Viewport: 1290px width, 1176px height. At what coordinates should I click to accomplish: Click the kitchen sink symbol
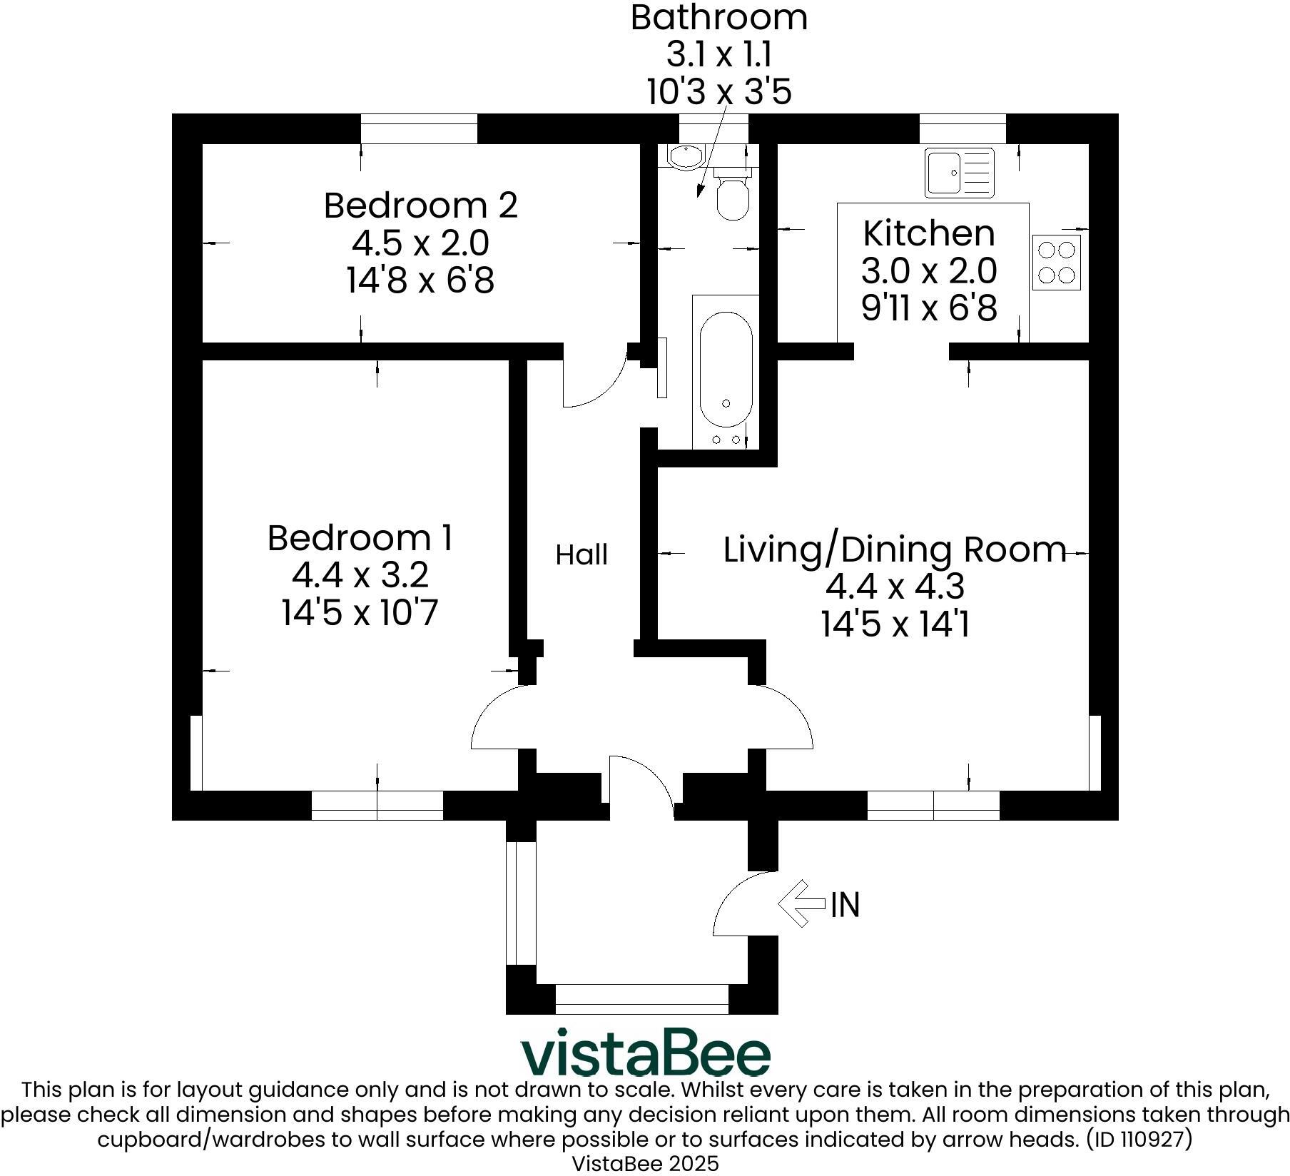coord(958,173)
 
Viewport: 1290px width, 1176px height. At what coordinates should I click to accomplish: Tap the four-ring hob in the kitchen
coord(1056,262)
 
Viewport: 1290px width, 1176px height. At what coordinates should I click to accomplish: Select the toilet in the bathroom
coord(732,195)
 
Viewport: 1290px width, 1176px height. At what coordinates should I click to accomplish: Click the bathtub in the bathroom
coord(726,371)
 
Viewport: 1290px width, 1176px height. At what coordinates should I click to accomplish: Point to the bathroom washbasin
coord(685,156)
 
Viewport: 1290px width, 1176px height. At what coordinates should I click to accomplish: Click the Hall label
coord(581,555)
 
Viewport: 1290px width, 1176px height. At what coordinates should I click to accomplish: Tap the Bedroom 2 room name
coord(420,206)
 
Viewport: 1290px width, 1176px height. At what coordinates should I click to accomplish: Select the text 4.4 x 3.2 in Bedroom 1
coord(360,574)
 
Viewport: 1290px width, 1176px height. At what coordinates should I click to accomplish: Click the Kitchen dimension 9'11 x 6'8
coord(929,308)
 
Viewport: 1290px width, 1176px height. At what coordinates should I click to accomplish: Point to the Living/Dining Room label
coord(895,549)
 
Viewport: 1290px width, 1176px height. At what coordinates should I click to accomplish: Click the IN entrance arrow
coord(801,903)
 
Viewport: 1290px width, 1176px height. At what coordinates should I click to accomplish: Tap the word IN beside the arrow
coord(845,905)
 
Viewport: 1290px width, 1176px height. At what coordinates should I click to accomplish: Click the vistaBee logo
coord(646,1052)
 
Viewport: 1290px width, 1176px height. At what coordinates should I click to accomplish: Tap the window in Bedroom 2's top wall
coord(419,129)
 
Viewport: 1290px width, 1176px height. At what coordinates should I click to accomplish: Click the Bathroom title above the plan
coord(718,17)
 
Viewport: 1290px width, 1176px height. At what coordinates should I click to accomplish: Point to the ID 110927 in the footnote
coord(1139,1139)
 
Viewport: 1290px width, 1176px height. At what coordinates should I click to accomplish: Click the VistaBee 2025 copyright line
coord(646,1163)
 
